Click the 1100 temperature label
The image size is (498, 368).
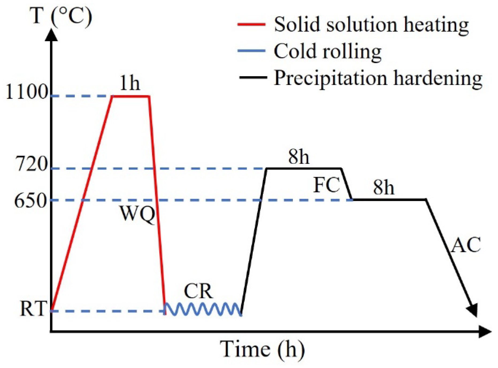pos(27,92)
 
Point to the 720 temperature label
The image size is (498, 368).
pos(32,164)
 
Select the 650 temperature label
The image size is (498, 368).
pos(30,201)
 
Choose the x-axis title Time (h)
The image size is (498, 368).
pos(262,349)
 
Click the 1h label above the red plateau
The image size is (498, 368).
pos(130,83)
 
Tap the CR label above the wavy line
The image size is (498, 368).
pos(198,291)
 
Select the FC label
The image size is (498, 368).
pos(327,185)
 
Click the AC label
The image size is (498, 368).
pos(466,245)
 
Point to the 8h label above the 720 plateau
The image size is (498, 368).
pos(299,157)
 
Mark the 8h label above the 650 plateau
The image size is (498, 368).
pos(384,187)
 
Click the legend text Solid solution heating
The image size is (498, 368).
pos(371,25)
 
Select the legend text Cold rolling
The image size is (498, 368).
pos(328,51)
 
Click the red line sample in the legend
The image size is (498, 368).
pos(251,24)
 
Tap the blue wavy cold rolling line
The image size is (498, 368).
pos(203,309)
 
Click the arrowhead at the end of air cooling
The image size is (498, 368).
pos(473,310)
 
